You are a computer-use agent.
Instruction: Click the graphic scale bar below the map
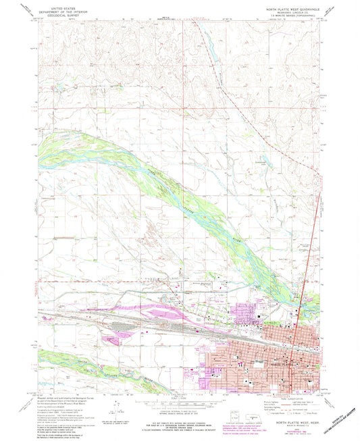[179, 400]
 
